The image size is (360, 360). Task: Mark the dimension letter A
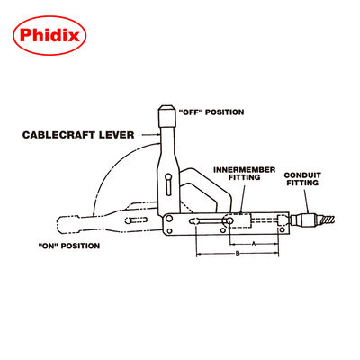point(256,244)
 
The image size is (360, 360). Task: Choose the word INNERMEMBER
point(236,169)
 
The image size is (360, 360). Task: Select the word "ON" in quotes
point(50,245)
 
